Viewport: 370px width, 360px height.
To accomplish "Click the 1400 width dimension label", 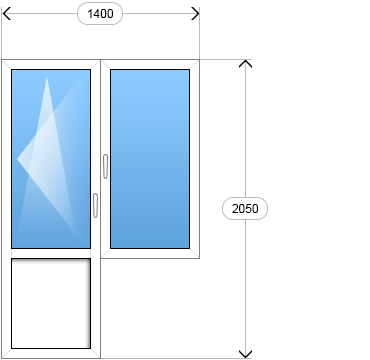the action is (100, 14).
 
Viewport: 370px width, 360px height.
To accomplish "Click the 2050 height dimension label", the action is (245, 209).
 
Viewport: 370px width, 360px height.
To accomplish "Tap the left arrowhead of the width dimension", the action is (7, 14).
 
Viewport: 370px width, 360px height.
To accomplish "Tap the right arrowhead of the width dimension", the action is (195, 14).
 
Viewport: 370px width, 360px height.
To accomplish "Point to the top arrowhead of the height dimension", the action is (245, 64).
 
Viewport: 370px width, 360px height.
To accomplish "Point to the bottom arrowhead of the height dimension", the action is (245, 354).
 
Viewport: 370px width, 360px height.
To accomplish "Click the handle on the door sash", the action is (95, 205).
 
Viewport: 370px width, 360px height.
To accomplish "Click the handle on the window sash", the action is (105, 166).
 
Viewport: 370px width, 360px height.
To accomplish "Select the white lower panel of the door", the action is (51, 303).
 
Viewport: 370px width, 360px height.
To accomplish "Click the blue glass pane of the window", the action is (150, 159).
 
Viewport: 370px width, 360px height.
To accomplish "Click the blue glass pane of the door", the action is (51, 159).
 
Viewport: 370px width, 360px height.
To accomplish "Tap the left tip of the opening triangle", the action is (17, 159).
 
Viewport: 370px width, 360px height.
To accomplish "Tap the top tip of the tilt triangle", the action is (47, 77).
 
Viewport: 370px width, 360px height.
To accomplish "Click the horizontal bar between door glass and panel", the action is (51, 253).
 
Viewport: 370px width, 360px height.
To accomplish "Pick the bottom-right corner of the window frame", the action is (199, 258).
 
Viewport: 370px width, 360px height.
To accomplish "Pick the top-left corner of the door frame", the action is (2, 60).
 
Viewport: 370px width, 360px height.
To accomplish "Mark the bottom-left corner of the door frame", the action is (2, 358).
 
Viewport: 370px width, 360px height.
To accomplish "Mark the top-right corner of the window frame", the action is (199, 60).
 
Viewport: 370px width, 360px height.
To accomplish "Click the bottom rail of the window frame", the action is (150, 253).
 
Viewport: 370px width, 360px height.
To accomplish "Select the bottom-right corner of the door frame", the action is (100, 358).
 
